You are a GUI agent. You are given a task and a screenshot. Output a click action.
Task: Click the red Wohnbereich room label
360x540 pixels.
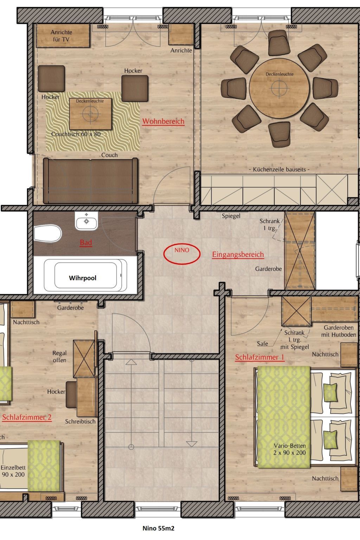(x=163, y=121)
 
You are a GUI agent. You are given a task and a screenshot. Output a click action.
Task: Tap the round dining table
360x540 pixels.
(x=279, y=88)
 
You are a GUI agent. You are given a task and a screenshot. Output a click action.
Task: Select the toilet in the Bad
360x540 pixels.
(x=47, y=233)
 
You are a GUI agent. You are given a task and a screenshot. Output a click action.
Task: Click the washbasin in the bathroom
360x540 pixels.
(x=86, y=220)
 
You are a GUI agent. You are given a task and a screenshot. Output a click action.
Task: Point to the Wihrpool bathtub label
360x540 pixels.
(x=83, y=278)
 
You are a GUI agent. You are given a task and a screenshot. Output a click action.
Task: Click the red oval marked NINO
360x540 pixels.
(x=182, y=254)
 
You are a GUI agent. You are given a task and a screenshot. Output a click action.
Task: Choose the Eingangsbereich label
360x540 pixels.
(x=238, y=255)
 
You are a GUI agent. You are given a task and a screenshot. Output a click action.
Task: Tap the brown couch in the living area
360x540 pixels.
(x=90, y=181)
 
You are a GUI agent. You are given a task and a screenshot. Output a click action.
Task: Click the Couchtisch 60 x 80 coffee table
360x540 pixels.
(x=90, y=114)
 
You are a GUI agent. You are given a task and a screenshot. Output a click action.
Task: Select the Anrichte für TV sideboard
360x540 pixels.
(x=63, y=36)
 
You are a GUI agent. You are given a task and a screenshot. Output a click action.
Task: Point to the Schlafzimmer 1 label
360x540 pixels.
(x=260, y=357)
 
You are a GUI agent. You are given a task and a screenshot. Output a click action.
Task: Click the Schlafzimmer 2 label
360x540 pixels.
(x=27, y=417)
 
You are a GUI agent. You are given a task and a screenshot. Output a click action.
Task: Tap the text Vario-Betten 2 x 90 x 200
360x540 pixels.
(x=290, y=449)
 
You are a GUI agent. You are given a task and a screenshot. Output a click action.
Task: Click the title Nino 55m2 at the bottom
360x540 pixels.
(x=159, y=528)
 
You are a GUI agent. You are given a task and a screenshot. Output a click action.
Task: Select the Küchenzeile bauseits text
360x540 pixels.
(x=279, y=169)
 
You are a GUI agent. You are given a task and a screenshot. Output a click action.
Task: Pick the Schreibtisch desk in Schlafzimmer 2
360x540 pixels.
(x=86, y=397)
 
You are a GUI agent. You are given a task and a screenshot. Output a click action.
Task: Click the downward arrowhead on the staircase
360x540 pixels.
(x=192, y=444)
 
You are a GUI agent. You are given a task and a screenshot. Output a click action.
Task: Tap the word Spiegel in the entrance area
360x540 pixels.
(x=231, y=216)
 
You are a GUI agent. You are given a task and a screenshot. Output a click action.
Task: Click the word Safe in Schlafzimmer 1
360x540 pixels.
(x=262, y=343)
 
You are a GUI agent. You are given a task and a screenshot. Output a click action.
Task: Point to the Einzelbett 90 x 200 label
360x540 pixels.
(x=13, y=471)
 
